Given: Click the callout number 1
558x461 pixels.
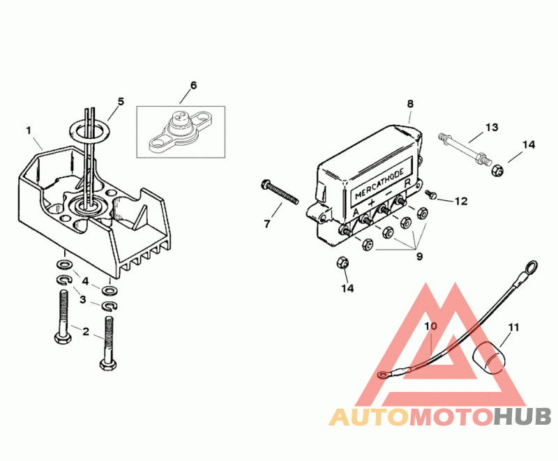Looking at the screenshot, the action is point(29,131).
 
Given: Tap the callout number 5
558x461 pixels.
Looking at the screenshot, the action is point(121,102).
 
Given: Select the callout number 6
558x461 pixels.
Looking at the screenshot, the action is point(193,85).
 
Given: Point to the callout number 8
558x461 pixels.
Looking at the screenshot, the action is point(410,104).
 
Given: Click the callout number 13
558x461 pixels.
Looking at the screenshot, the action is point(492,128).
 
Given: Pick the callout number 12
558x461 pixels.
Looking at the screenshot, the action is point(461,202).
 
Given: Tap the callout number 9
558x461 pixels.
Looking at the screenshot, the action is point(420,257).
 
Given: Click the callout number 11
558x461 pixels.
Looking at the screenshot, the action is point(514,327).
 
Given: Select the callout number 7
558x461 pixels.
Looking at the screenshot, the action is point(267,224).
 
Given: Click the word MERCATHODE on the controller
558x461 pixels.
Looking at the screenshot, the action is point(379,183).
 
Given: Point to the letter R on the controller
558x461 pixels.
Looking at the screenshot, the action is point(408,183).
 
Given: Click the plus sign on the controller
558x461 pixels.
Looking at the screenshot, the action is point(371,203).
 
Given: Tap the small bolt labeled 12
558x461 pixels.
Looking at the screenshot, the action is point(431,194).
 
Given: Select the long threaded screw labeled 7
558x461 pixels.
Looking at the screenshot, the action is point(280,192).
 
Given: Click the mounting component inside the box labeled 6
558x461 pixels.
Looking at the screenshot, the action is point(181,132).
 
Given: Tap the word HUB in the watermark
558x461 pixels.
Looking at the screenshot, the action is point(522,416).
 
